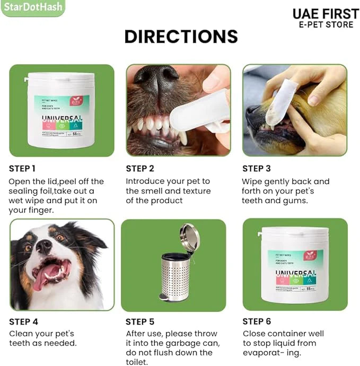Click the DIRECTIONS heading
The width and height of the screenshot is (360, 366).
click(x=181, y=36)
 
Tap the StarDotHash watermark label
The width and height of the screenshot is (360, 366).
click(x=32, y=7)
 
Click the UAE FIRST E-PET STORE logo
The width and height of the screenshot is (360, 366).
click(x=325, y=19)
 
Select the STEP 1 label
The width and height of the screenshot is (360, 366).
click(x=22, y=169)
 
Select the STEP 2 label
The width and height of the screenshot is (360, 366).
click(x=140, y=169)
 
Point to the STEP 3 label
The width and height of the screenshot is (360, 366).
click(x=257, y=169)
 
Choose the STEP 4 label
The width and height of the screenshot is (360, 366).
click(x=23, y=321)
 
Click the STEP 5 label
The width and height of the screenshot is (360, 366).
click(x=140, y=321)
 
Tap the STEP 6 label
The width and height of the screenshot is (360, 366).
click(x=257, y=321)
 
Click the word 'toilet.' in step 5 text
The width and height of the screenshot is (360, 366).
click(x=137, y=362)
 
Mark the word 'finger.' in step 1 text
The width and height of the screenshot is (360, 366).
click(x=39, y=210)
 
